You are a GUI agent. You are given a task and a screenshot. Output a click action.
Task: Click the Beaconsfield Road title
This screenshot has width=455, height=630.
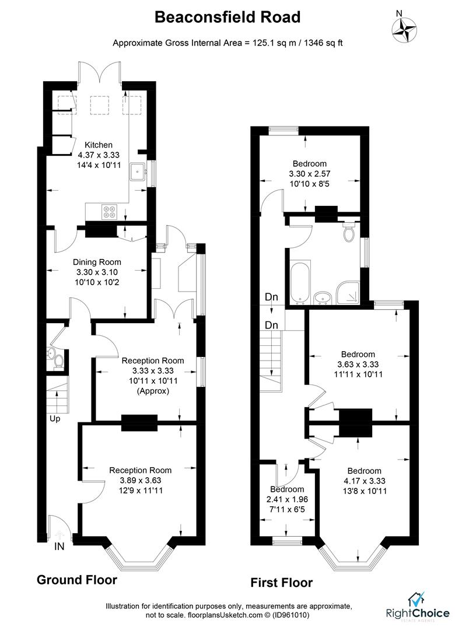pos(227,17)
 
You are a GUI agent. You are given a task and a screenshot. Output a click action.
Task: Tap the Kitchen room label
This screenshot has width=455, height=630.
pos(99,145)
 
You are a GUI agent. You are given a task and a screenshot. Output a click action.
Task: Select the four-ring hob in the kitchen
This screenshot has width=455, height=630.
pos(110,211)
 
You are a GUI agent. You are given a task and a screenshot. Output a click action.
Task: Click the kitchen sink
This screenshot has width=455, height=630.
pos(138,171)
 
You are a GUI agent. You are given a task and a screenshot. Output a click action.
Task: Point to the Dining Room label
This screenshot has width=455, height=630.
pos(96,262)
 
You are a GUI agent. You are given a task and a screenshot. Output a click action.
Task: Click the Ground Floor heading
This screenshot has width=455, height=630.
pos(76,580)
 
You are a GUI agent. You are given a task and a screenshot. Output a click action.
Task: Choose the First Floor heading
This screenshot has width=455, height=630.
pos(281,582)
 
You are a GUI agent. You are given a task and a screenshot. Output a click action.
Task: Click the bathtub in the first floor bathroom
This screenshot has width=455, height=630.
pos(300,283)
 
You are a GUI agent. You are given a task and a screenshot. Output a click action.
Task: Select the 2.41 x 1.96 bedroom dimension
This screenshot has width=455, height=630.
pos(287,499)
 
